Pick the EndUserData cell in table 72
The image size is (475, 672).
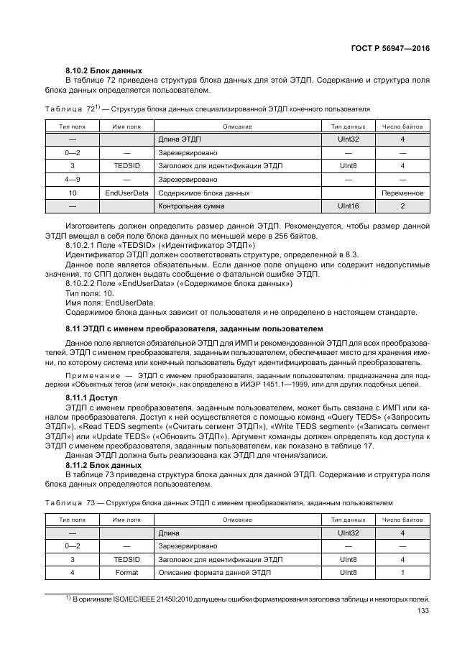point(126,193)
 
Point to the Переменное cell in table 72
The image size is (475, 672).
point(402,193)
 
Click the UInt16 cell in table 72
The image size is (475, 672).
point(348,206)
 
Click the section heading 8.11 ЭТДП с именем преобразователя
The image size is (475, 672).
point(194,328)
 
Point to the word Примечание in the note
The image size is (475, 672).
point(93,375)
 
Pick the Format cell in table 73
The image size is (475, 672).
point(126,572)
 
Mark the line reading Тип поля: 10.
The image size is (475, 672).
point(89,293)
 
